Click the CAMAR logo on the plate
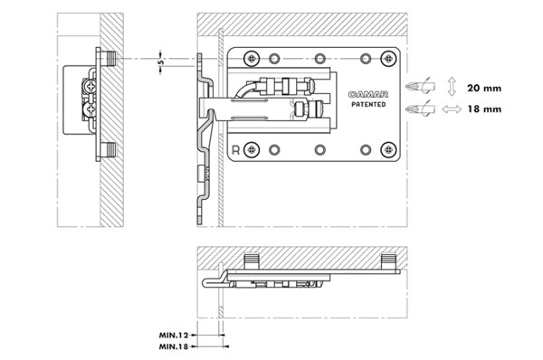click(x=368, y=94)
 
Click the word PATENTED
click(x=368, y=104)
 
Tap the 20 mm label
click(x=484, y=89)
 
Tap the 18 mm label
click(x=484, y=109)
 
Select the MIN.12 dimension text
click(x=174, y=335)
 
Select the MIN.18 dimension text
click(x=174, y=346)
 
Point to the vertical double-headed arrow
click(x=452, y=87)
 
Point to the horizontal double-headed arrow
click(x=452, y=109)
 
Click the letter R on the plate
click(x=236, y=150)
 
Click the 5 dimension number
click(x=161, y=62)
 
